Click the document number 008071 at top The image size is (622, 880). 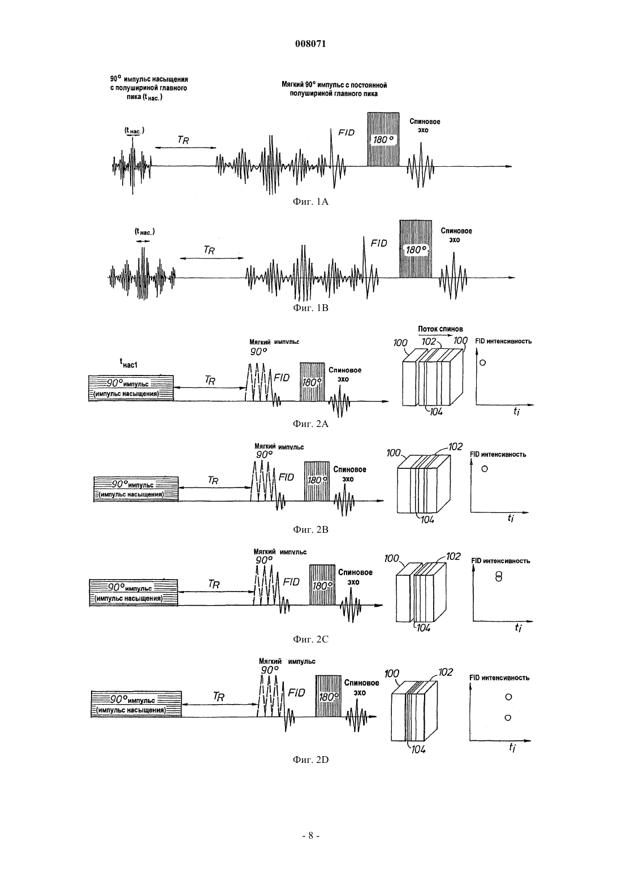tap(310, 44)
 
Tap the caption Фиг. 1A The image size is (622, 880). tap(310, 202)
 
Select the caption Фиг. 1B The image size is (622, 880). tap(310, 308)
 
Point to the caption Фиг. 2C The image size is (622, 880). tap(310, 639)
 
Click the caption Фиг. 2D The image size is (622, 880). tap(310, 760)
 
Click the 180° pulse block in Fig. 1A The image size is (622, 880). tap(383, 140)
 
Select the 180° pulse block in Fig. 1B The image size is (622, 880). tap(416, 249)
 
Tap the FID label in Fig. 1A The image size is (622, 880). tap(346, 132)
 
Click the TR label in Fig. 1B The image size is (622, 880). tap(209, 250)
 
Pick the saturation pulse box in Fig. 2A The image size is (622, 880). tap(131, 388)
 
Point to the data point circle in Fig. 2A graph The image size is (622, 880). tap(482, 363)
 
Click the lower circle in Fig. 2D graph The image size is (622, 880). tap(508, 718)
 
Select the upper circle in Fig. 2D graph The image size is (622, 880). tap(508, 697)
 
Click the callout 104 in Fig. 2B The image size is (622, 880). tap(427, 520)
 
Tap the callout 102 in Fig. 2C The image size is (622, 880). tap(453, 557)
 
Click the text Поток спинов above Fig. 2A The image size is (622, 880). tap(440, 329)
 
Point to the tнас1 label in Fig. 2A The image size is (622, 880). tap(128, 364)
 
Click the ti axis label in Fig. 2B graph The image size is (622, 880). tap(511, 518)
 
